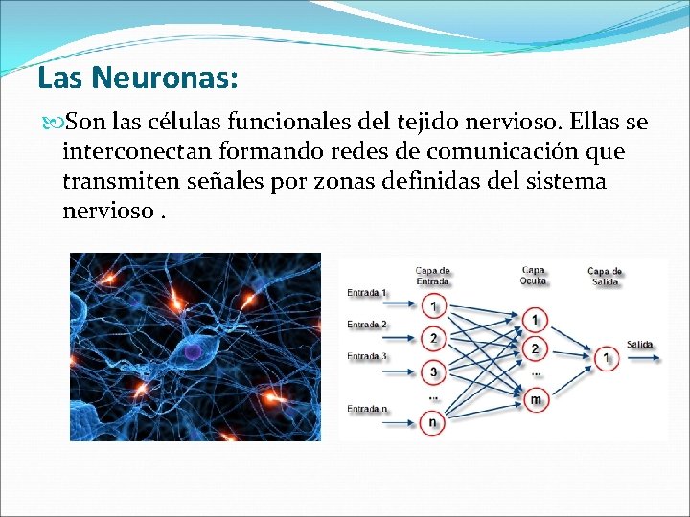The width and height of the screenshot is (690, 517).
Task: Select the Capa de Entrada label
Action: click(x=433, y=276)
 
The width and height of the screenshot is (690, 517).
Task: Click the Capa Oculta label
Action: click(x=534, y=276)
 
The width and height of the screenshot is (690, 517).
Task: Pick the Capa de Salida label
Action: click(x=606, y=276)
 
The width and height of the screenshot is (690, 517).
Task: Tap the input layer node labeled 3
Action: click(x=433, y=371)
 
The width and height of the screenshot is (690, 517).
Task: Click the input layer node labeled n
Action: click(x=433, y=421)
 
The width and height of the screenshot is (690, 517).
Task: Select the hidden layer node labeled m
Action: click(x=535, y=398)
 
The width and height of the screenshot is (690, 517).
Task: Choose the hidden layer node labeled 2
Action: click(x=535, y=348)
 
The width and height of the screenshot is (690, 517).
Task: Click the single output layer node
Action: click(x=606, y=358)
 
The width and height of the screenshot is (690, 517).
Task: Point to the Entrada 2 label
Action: click(x=367, y=325)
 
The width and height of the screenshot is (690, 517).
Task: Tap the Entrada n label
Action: click(x=367, y=409)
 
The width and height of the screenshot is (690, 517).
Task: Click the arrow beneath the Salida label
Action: click(x=642, y=358)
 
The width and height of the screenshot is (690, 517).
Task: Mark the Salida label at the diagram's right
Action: click(x=640, y=344)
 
